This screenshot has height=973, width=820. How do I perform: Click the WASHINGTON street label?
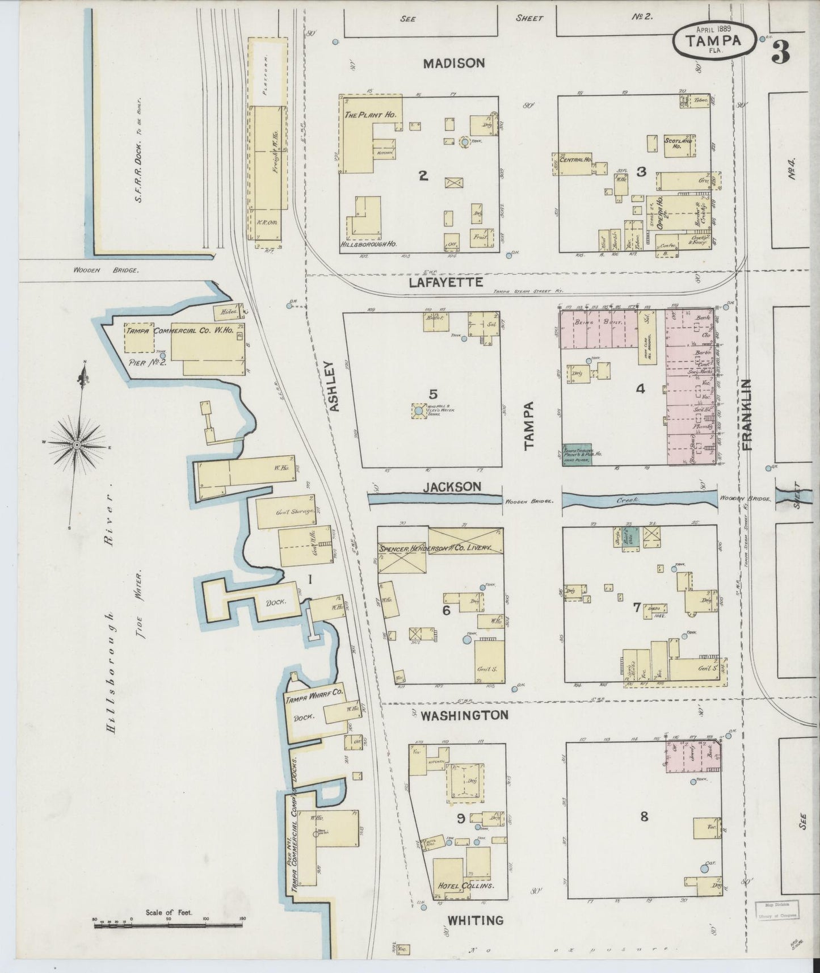pos(464,715)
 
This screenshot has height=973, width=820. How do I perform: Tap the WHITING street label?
pos(476,920)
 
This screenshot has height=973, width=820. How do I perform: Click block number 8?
pos(644,817)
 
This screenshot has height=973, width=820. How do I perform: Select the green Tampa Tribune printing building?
pos(578,454)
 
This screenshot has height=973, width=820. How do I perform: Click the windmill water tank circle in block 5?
pos(418,410)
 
